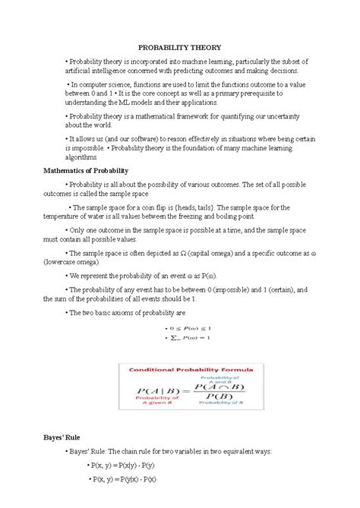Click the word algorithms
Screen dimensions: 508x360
click(x=86, y=157)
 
